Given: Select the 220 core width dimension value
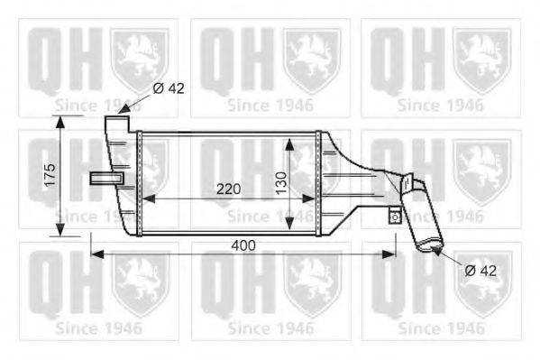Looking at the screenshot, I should [228, 189].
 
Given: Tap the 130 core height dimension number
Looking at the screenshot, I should [280, 186].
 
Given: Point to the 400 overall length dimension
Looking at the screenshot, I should [243, 245].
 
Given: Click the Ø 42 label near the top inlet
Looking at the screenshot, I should [169, 88].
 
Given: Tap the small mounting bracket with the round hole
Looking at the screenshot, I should [394, 217].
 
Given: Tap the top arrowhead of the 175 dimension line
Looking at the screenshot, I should [61, 122].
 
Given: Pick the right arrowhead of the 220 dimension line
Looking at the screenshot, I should [311, 198].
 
